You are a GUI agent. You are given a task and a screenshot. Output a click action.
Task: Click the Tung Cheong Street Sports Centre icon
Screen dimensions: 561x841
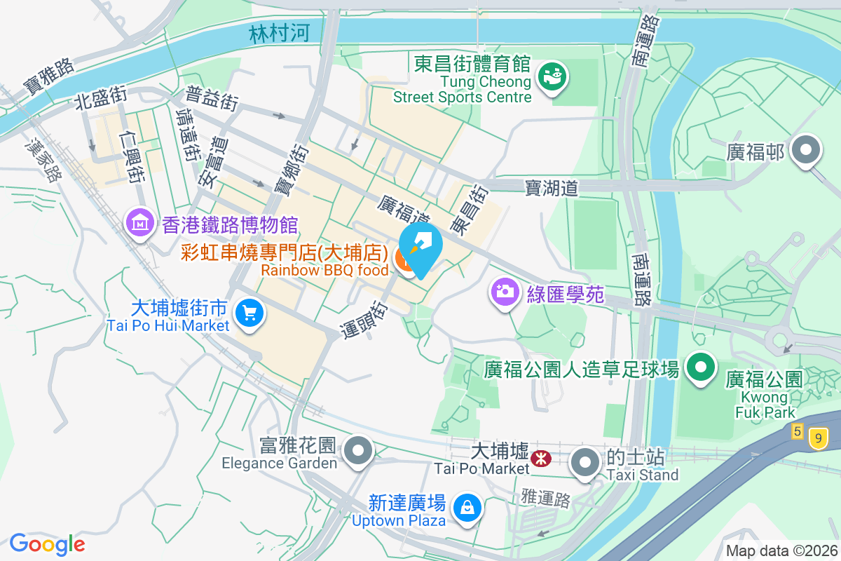(553, 76)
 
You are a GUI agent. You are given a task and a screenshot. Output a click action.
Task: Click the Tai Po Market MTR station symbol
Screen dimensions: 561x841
(540, 459)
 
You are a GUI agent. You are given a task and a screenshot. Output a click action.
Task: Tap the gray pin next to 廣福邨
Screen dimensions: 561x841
(806, 151)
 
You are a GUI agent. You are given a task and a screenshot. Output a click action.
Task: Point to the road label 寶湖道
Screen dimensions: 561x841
(552, 187)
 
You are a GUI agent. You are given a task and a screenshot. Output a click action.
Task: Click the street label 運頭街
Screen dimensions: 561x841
(365, 320)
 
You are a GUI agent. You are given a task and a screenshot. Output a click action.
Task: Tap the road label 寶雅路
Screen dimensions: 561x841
(48, 76)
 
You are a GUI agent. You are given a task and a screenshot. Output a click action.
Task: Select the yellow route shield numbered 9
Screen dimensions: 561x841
(816, 438)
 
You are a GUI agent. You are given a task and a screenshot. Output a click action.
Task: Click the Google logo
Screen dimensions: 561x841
(47, 543)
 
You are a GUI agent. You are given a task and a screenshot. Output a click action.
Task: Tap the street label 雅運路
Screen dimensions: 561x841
(546, 499)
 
